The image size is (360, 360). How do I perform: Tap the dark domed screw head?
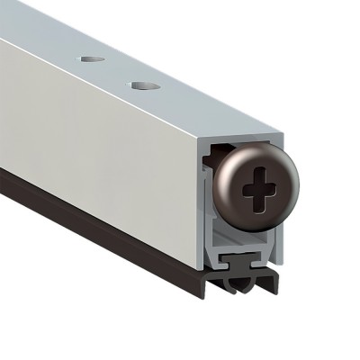243,207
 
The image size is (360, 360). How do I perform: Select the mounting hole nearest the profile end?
141,86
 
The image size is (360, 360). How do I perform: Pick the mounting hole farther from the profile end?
91,59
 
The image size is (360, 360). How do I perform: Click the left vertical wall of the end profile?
202,216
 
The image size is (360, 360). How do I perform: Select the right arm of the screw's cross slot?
272,190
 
